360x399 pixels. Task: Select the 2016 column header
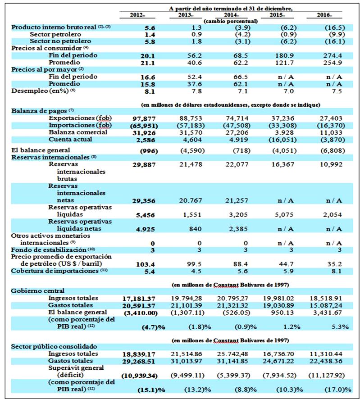click(325, 15)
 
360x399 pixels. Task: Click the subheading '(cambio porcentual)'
click(231, 21)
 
